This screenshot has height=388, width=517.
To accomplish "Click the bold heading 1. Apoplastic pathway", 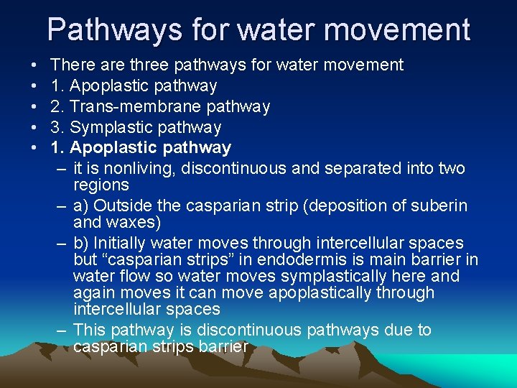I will [x=141, y=148].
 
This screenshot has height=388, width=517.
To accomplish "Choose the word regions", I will [x=101, y=185].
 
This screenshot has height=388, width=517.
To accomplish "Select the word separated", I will [x=360, y=169].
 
